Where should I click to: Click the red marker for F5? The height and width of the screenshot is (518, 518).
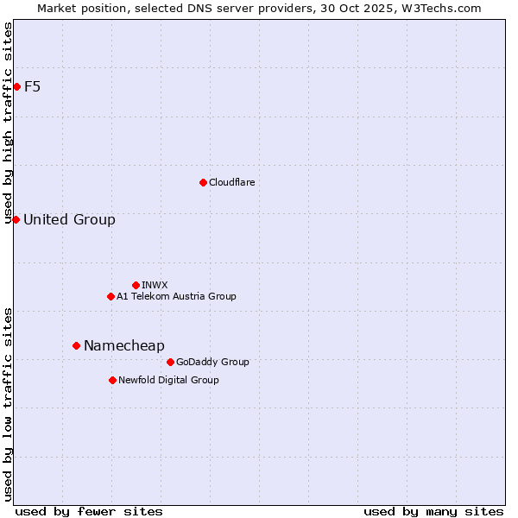click(x=16, y=86)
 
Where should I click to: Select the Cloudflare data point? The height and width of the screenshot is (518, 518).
click(x=203, y=182)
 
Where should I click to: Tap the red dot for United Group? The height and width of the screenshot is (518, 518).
click(x=16, y=219)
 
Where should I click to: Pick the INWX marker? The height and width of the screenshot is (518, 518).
click(x=136, y=285)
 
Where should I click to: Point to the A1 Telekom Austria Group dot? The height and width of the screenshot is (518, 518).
click(x=111, y=296)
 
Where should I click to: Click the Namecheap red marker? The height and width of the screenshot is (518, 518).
click(x=76, y=345)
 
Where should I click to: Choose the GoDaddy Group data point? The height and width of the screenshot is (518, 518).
click(x=170, y=362)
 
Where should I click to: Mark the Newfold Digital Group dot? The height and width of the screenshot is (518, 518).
click(x=112, y=380)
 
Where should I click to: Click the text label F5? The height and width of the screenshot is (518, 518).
click(x=32, y=86)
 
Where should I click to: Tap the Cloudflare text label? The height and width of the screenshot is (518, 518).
click(x=231, y=182)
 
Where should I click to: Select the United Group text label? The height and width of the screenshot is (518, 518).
click(x=69, y=219)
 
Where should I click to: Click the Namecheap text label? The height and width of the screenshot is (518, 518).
click(x=123, y=345)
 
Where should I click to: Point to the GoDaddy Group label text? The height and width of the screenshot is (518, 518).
click(x=212, y=362)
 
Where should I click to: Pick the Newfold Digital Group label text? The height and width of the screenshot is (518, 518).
click(x=168, y=380)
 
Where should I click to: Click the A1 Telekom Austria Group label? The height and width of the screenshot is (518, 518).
click(x=176, y=296)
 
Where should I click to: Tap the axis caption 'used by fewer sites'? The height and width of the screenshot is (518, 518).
click(x=89, y=511)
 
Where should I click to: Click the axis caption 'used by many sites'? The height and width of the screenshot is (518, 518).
click(x=433, y=511)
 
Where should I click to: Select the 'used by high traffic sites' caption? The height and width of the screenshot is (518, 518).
click(x=9, y=123)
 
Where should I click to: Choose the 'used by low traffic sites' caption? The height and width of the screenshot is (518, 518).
click(x=9, y=403)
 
